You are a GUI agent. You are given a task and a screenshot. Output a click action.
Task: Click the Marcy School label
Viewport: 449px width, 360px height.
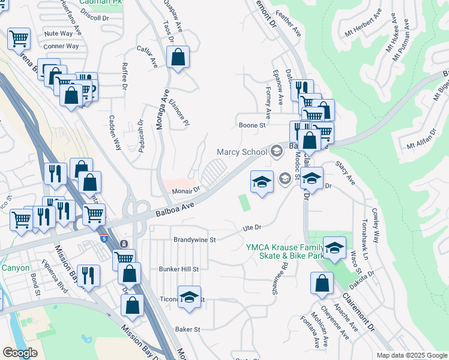coord(241,152)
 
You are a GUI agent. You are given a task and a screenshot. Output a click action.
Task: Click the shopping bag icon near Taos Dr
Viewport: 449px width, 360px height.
coord(178,58)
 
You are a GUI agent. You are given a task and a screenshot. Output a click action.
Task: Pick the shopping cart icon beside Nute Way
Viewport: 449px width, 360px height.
coord(19,40)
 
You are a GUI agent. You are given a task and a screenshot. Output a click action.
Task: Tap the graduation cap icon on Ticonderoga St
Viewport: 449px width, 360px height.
coord(190,298)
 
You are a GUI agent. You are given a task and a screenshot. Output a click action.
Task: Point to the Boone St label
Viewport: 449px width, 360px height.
coord(252,125)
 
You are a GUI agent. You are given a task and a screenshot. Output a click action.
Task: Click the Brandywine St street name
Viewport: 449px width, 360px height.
coord(194,239)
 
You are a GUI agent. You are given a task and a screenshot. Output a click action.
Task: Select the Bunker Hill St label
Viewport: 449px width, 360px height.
coord(178,269)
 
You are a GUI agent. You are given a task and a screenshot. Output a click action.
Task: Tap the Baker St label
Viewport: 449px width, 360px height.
coord(187,329)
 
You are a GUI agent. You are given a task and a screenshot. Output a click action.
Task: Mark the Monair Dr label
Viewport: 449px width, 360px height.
coord(185,190)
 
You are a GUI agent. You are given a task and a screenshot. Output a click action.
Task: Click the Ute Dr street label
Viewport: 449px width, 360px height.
coord(253,227)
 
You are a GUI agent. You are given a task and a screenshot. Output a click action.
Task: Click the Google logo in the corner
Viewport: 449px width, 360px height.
coord(20,352)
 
